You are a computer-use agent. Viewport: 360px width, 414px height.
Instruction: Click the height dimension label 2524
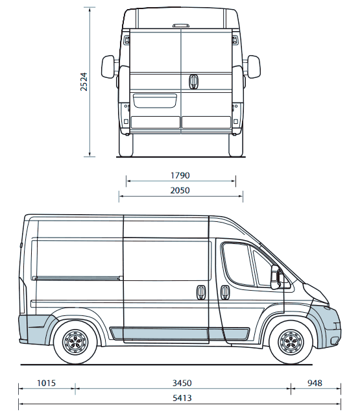coord(84,82)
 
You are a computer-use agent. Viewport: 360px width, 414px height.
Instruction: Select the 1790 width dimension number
coord(180,175)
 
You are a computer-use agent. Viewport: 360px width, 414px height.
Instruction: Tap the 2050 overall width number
coord(180,190)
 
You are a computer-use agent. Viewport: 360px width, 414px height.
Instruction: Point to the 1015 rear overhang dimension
coord(46,383)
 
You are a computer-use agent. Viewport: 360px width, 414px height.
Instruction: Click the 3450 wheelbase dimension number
coord(182,383)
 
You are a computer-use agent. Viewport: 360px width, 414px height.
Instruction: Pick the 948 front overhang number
coord(315,383)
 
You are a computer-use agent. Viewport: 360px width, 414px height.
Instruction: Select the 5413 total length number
coord(182,398)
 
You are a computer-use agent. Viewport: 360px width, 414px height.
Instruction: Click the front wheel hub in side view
coord(291,343)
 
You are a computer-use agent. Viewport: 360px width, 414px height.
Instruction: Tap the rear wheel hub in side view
coord(75,343)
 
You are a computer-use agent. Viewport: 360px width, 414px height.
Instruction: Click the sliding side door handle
coord(201,292)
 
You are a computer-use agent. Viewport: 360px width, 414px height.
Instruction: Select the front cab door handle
coord(224,292)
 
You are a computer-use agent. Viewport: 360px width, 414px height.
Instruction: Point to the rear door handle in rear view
coord(193,81)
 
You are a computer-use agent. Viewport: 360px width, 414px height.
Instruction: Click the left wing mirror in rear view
coord(108,67)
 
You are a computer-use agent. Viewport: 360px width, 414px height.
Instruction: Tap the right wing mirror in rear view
coord(254,67)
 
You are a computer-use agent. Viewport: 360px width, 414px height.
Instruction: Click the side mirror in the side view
coord(276,277)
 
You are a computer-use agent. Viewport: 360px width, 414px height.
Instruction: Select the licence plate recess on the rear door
coord(154,101)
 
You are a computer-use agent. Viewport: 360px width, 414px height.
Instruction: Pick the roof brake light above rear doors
coord(181,25)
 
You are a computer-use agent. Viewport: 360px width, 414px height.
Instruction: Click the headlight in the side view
coord(316,293)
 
